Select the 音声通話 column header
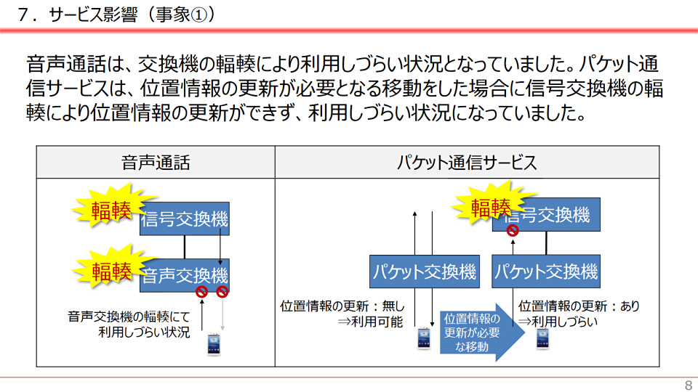coord(156,163)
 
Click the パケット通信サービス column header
coord(468,163)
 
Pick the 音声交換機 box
coord(185,276)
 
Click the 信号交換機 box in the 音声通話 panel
coord(185,218)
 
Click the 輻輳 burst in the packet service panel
coord(491,208)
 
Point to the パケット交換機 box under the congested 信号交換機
coord(547,271)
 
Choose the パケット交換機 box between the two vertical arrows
coord(424,271)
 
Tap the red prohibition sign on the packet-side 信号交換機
coord(512,230)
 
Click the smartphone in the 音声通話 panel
coord(214,343)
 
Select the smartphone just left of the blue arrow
coord(424,338)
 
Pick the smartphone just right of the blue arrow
coord(542,338)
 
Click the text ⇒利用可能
coord(370,322)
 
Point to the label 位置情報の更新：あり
coord(579,306)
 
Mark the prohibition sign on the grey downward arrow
coord(222,292)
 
